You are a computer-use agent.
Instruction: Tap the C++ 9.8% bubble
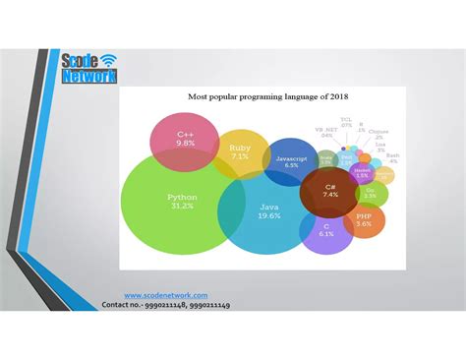point(185,140)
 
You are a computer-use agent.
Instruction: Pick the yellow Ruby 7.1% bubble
point(240,151)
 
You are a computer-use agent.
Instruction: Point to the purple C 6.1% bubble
point(326,230)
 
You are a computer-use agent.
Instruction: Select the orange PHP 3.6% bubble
point(364,220)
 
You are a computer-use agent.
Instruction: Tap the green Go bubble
point(370,193)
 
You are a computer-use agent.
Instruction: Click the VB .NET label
point(325,132)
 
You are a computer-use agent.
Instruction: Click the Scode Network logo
point(87,68)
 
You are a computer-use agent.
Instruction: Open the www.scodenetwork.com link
point(165,296)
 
